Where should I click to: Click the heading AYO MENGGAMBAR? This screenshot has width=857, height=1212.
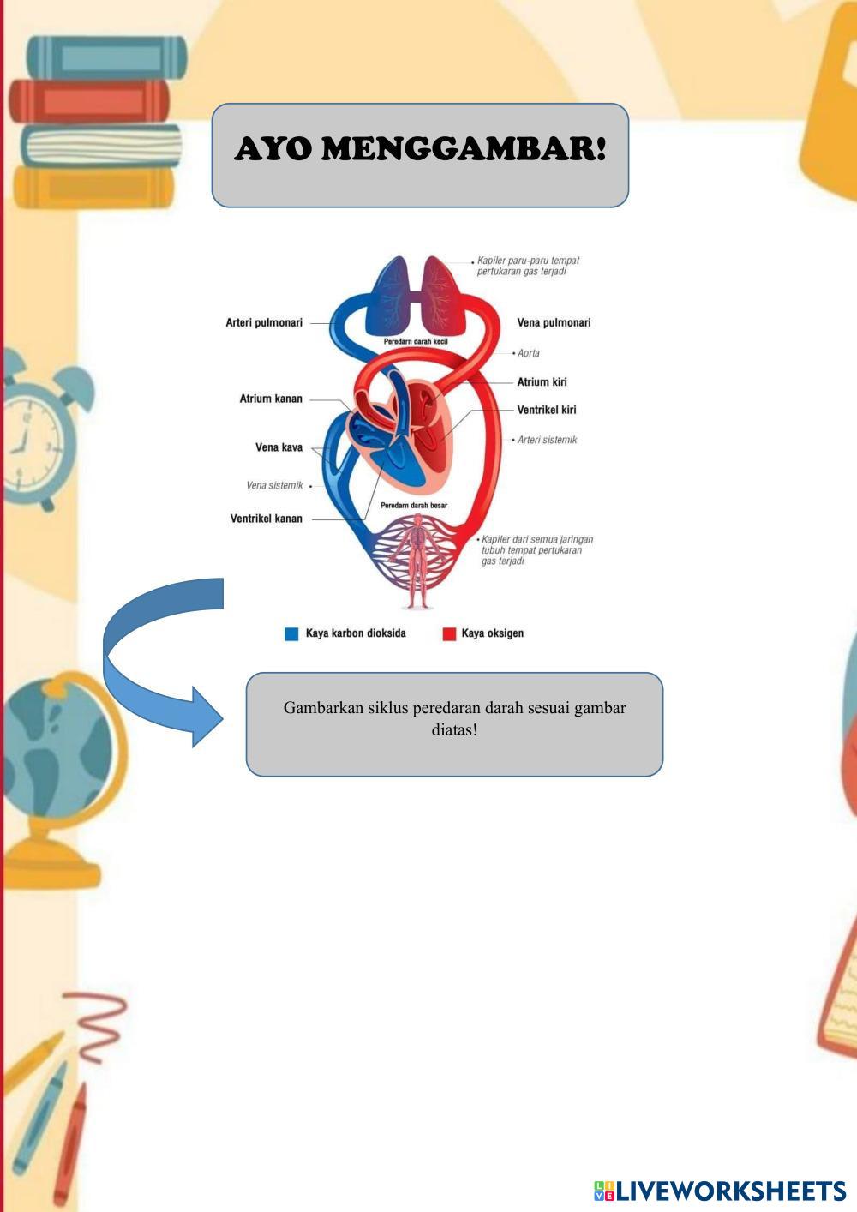420,149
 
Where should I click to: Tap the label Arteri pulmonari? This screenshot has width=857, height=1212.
264,323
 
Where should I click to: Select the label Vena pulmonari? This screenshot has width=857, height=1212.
554,323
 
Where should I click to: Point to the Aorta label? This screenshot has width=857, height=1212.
528,353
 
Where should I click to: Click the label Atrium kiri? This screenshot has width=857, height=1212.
542,382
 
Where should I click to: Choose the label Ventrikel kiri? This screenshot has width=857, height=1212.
546,410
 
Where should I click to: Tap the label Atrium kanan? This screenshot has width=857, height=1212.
271,399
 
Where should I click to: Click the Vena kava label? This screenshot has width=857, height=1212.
279,447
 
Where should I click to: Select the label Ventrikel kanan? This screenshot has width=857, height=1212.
266,519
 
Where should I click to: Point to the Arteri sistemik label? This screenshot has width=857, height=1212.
547,440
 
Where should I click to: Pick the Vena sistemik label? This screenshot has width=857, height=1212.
274,486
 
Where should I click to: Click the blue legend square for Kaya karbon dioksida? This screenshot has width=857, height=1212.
291,634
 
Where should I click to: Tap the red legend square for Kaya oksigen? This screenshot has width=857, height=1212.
449,634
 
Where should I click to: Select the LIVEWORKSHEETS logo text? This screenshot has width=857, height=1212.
730,1191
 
